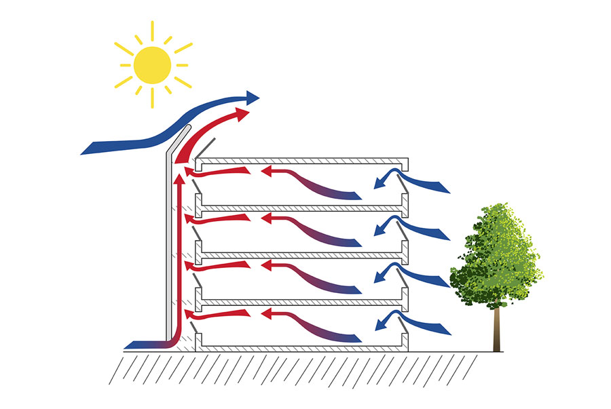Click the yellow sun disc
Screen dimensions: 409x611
[152, 64]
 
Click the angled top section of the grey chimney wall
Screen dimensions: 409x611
[179, 138]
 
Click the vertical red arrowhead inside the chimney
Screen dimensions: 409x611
[179, 180]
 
